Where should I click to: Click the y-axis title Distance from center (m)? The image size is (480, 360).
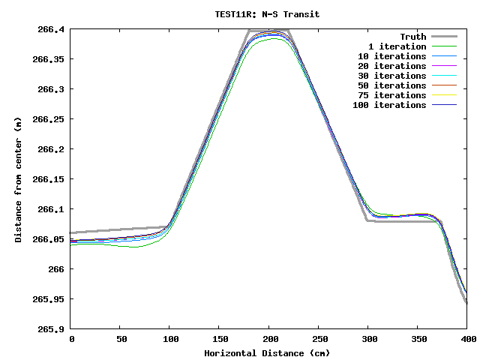point(18,180)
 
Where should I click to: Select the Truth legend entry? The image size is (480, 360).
point(412,37)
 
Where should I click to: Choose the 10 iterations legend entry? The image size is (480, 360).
point(391,56)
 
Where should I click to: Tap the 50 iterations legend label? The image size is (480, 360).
point(391,85)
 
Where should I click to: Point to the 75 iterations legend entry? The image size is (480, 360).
point(391,95)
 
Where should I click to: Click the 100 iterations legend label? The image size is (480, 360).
point(389,105)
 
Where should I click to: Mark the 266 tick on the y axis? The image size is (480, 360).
point(57,269)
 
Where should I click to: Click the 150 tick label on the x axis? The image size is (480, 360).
point(220,340)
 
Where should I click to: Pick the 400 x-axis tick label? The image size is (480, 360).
point(466,340)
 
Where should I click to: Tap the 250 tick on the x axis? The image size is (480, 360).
point(319,340)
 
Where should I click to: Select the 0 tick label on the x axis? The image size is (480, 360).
point(71,340)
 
